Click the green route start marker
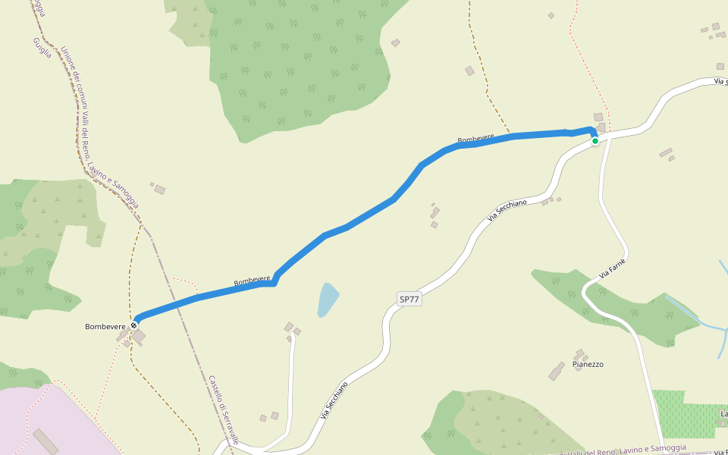pos(595,141)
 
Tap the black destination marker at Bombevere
pos(134,325)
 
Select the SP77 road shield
pos(409,299)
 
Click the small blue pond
pos(327,300)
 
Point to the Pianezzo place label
pos(588,365)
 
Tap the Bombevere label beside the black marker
pos(105,326)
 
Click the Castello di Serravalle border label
pos(224,410)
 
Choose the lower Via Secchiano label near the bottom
pos(334,400)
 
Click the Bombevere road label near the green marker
pos(475,139)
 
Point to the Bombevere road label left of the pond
pos(253,281)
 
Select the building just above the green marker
pos(598,117)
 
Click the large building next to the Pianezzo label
pos(557,371)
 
